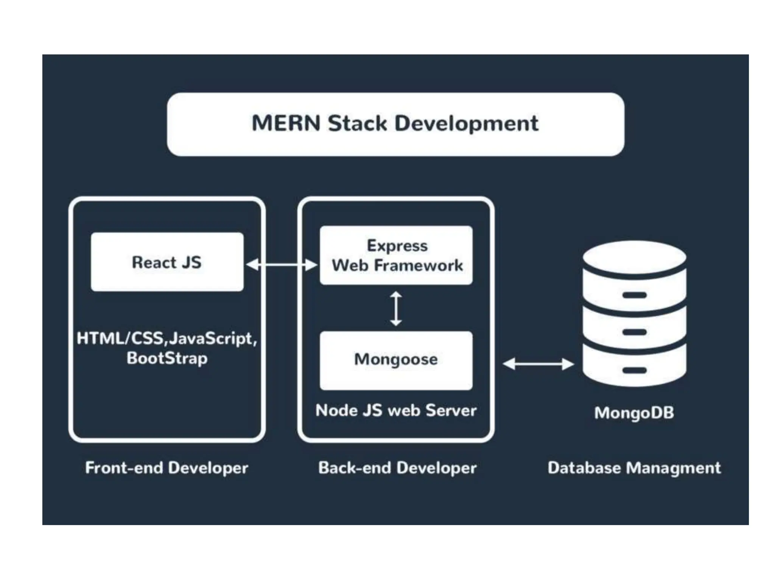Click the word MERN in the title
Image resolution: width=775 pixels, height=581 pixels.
pyautogui.click(x=286, y=123)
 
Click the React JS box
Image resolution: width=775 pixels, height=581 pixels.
pyautogui.click(x=167, y=262)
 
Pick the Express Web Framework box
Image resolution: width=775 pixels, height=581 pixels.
pyautogui.click(x=396, y=255)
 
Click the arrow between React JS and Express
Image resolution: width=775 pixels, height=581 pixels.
pyautogui.click(x=281, y=265)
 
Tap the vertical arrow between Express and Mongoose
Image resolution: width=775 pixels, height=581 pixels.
pyautogui.click(x=396, y=308)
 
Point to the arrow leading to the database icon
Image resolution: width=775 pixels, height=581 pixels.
pyautogui.click(x=538, y=364)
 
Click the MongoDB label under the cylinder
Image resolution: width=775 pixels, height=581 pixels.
pyautogui.click(x=634, y=413)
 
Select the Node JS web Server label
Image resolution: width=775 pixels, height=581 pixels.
pyautogui.click(x=396, y=410)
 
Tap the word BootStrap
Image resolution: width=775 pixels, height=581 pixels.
pyautogui.click(x=167, y=358)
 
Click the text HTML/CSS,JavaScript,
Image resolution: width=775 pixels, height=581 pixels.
pyautogui.click(x=167, y=338)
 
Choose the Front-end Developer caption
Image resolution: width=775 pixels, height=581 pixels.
pyautogui.click(x=167, y=468)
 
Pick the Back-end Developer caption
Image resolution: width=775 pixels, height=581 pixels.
pyautogui.click(x=397, y=468)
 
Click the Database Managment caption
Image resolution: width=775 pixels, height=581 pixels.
pyautogui.click(x=634, y=468)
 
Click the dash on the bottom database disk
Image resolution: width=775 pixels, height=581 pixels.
pyautogui.click(x=634, y=370)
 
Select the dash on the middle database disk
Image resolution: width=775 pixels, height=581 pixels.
pyautogui.click(x=634, y=332)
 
